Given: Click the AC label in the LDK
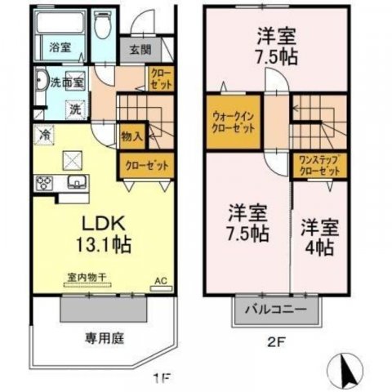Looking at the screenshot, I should [x=159, y=279].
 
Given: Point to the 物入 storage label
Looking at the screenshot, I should [x=132, y=136].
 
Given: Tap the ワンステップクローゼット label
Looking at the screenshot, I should [x=319, y=165].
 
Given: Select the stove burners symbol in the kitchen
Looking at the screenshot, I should [x=42, y=182].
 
